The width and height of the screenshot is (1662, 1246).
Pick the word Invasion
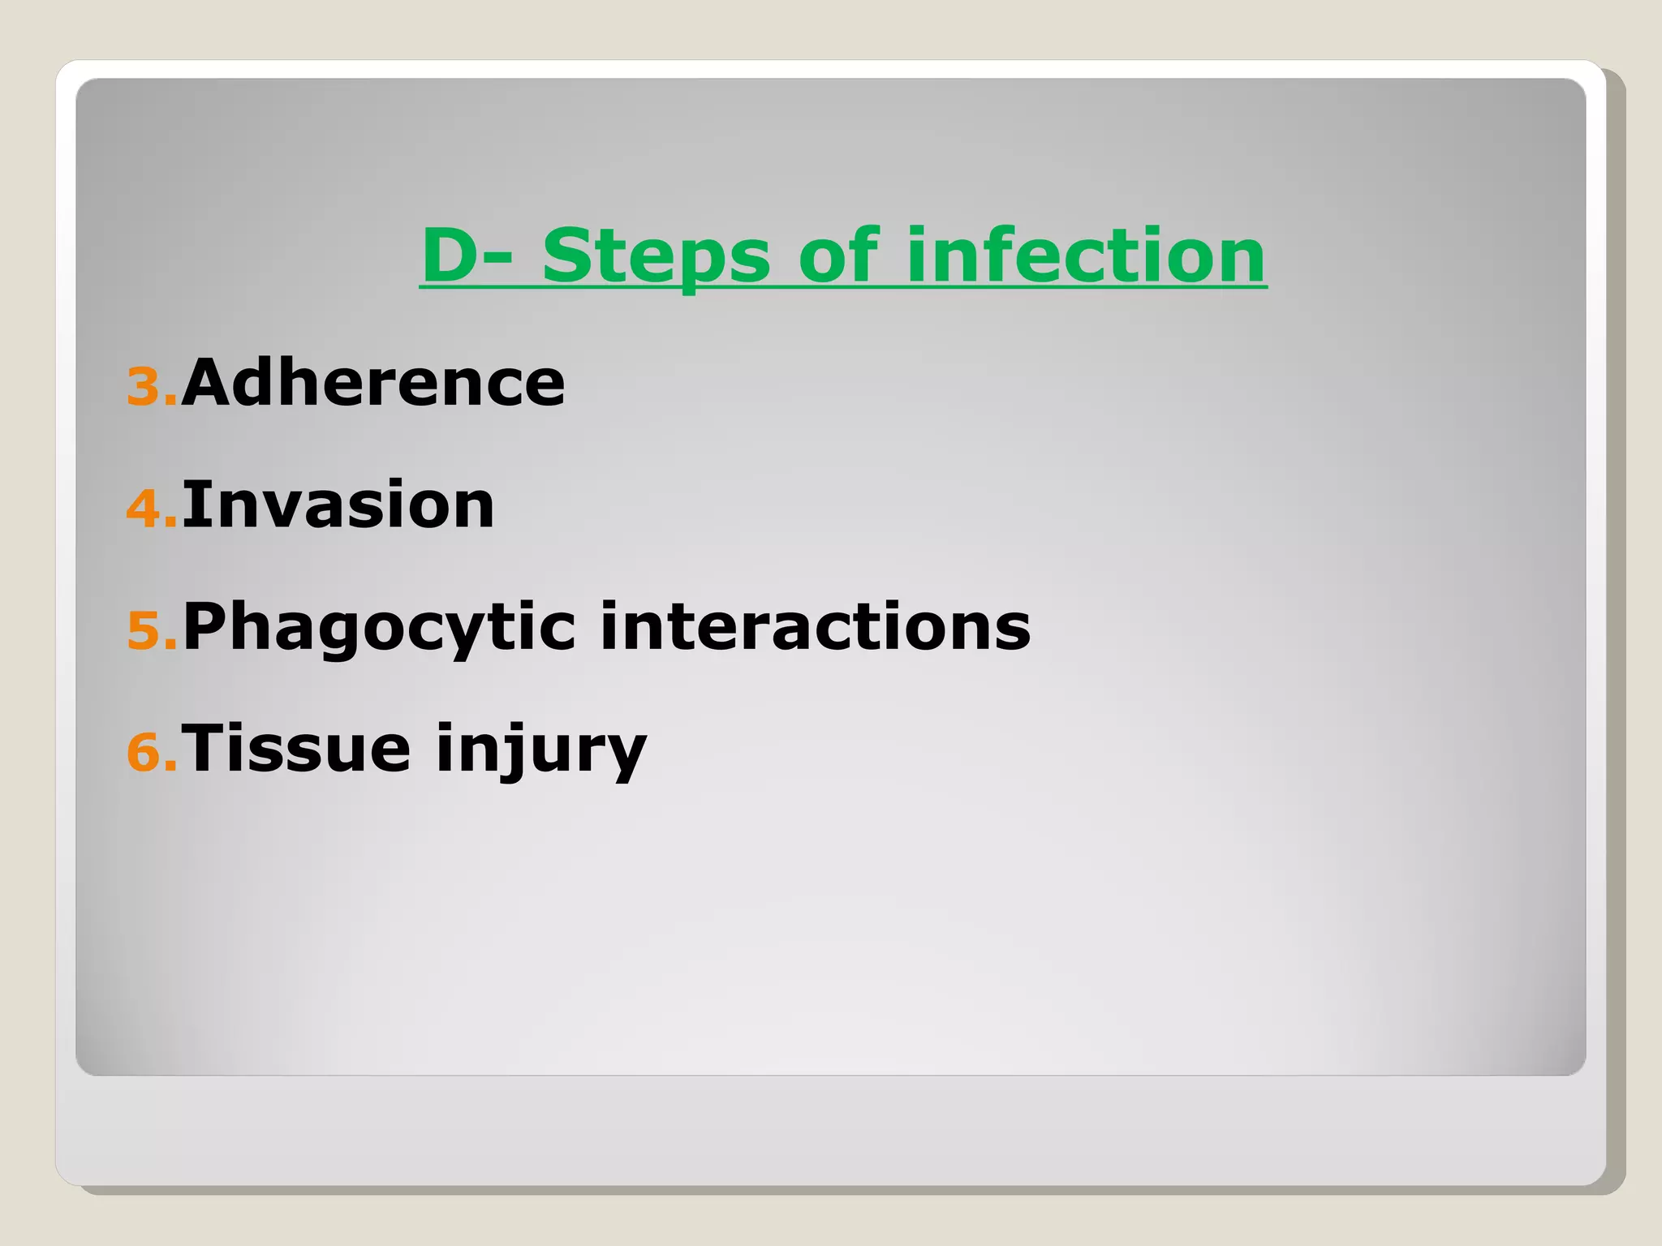tap(338, 505)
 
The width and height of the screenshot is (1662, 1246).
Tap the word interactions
tap(815, 626)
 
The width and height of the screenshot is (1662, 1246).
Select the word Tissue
tap(296, 748)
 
